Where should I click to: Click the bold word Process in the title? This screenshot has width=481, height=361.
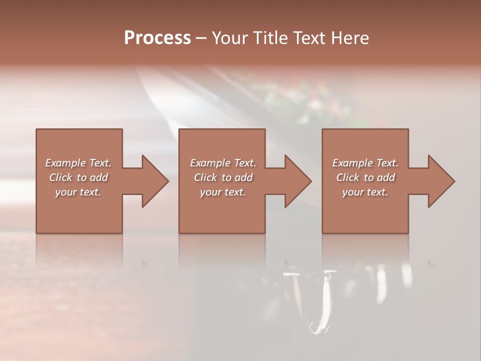tap(157, 38)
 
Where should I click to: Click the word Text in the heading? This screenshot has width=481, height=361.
tap(309, 38)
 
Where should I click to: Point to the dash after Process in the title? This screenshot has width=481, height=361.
tap(201, 39)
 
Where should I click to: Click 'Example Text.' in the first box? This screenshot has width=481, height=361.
tap(78, 163)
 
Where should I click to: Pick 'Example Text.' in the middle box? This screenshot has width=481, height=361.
tap(222, 163)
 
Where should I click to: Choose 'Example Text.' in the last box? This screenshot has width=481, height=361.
tap(365, 163)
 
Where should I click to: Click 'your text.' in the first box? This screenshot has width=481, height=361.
tap(78, 192)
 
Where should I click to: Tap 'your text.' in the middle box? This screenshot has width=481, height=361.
tap(222, 192)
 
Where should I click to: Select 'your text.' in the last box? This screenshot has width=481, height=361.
tap(365, 192)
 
